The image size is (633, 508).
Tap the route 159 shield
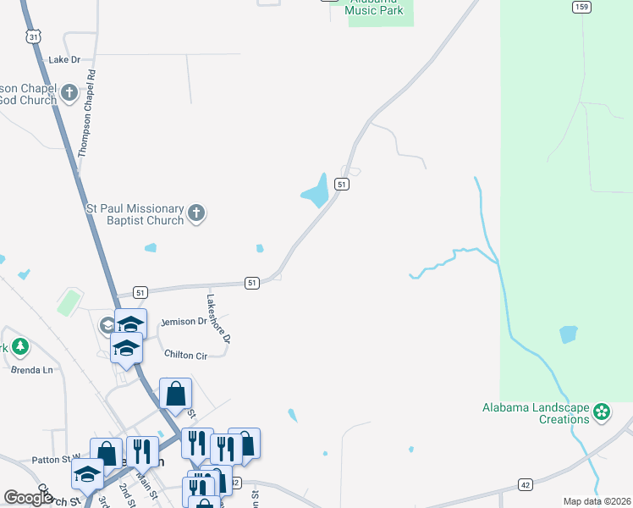581,7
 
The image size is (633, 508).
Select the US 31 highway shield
33,36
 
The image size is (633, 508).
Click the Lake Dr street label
64,60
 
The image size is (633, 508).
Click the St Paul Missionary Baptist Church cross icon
196,213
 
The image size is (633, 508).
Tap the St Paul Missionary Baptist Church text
135,214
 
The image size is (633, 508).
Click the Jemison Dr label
184,322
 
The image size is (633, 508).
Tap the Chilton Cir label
186,356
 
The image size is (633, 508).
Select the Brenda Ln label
31,370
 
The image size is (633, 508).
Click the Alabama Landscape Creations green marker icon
602,412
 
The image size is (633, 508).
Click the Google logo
28,498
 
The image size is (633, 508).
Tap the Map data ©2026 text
597,501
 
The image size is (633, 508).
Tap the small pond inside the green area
569,334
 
